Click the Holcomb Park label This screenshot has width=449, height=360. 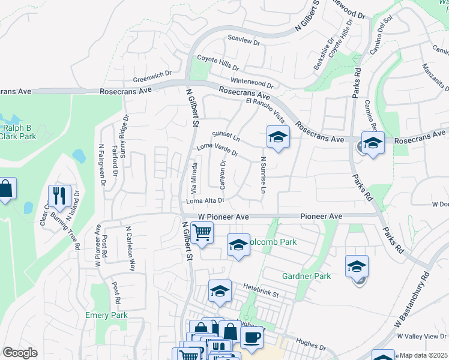(274, 242)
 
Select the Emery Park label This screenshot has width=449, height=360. (106, 315)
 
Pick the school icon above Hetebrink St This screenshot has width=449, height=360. (220, 291)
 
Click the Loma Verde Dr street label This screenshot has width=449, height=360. (217, 149)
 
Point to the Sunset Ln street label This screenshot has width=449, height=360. (226, 137)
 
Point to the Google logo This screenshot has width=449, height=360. (20, 352)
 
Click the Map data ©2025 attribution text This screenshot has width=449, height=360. (424, 355)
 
